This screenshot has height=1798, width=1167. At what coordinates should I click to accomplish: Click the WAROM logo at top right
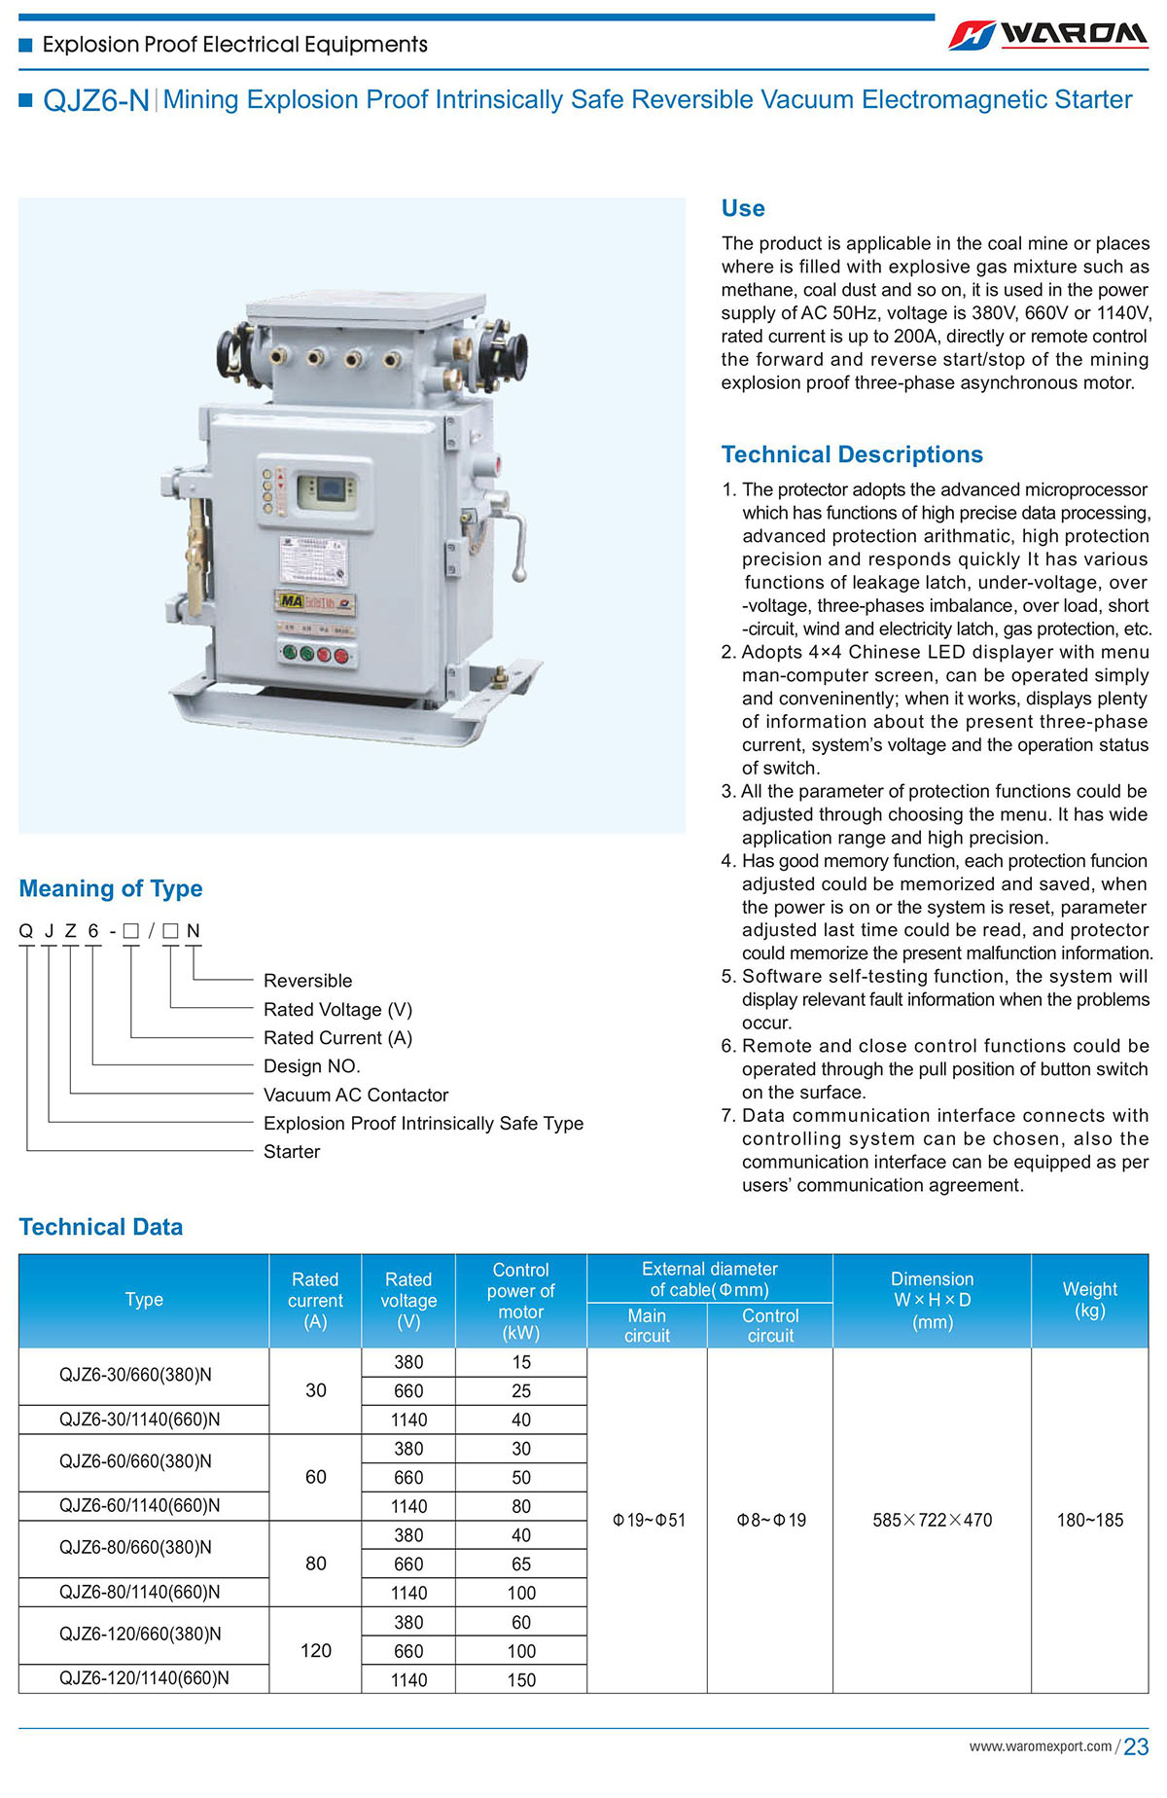[1048, 35]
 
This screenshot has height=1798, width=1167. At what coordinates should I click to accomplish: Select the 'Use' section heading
[743, 208]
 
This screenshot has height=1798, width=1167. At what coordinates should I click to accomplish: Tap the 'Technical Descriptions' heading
[852, 454]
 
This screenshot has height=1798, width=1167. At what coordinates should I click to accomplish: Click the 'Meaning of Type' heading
[111, 888]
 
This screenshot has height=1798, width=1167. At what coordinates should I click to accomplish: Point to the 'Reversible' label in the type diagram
[307, 981]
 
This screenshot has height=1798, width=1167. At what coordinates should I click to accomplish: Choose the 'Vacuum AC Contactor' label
[356, 1095]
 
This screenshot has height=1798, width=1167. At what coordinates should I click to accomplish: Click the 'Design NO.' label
[311, 1066]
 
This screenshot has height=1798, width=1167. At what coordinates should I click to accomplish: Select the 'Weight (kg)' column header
[1089, 1300]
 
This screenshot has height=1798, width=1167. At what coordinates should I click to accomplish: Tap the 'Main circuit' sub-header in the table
[647, 1325]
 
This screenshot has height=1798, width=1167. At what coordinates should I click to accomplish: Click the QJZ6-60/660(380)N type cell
[135, 1461]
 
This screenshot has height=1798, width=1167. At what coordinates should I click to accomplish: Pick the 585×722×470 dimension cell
[932, 1520]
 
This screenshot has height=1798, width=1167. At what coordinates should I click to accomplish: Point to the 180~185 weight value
[1089, 1520]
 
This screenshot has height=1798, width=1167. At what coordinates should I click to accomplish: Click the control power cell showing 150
[521, 1679]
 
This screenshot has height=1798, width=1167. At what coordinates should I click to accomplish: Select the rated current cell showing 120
[316, 1650]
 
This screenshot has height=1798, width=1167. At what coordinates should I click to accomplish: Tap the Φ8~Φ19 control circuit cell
[770, 1520]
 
